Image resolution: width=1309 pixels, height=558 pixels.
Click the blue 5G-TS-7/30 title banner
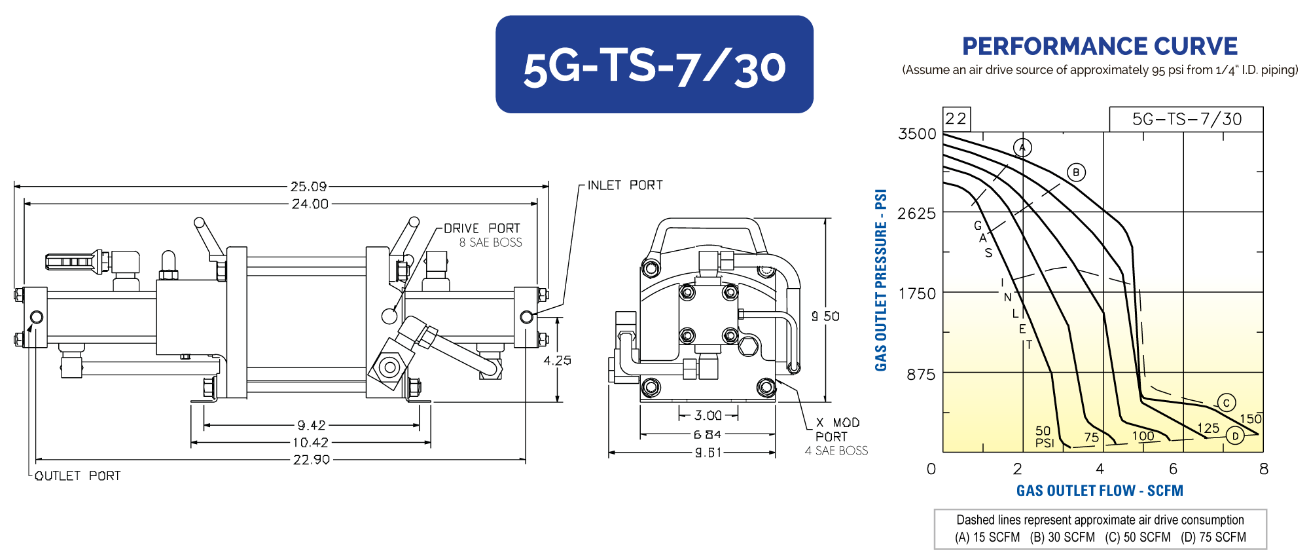point(654,64)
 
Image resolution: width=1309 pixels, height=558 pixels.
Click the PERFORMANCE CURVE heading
point(1100,46)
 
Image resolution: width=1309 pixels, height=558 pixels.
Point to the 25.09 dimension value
point(309,187)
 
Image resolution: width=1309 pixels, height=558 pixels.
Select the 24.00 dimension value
point(310,204)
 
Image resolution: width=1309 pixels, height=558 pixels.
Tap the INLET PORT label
point(625,185)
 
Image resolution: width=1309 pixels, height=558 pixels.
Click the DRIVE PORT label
point(482,228)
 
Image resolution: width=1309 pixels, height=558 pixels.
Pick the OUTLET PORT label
point(78,475)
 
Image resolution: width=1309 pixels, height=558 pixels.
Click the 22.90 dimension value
point(312,460)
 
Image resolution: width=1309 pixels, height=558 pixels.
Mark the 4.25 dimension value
point(557,360)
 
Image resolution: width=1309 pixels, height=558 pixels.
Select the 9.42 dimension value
point(312,425)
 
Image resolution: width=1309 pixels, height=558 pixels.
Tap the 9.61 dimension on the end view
point(708,453)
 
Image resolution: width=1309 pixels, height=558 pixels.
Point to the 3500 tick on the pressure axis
point(918,134)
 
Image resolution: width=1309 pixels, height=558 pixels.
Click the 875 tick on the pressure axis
point(921,375)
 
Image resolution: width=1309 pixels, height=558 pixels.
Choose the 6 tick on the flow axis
point(1173,469)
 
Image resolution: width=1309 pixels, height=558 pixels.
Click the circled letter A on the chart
point(1022,147)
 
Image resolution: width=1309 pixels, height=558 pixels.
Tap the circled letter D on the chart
point(1235,436)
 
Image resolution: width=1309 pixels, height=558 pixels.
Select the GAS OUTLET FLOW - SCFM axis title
point(1100,491)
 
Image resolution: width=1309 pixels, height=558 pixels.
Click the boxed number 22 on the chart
point(956,119)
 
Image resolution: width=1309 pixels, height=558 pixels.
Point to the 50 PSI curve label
point(1044,437)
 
